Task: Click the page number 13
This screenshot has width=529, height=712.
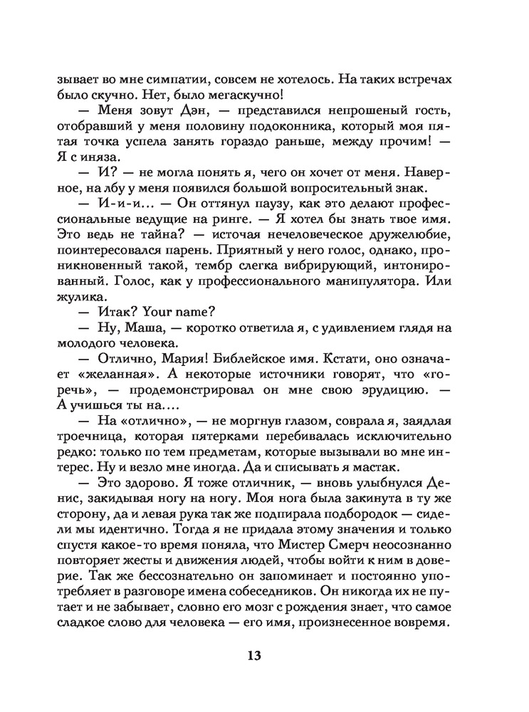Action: tap(255, 656)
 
